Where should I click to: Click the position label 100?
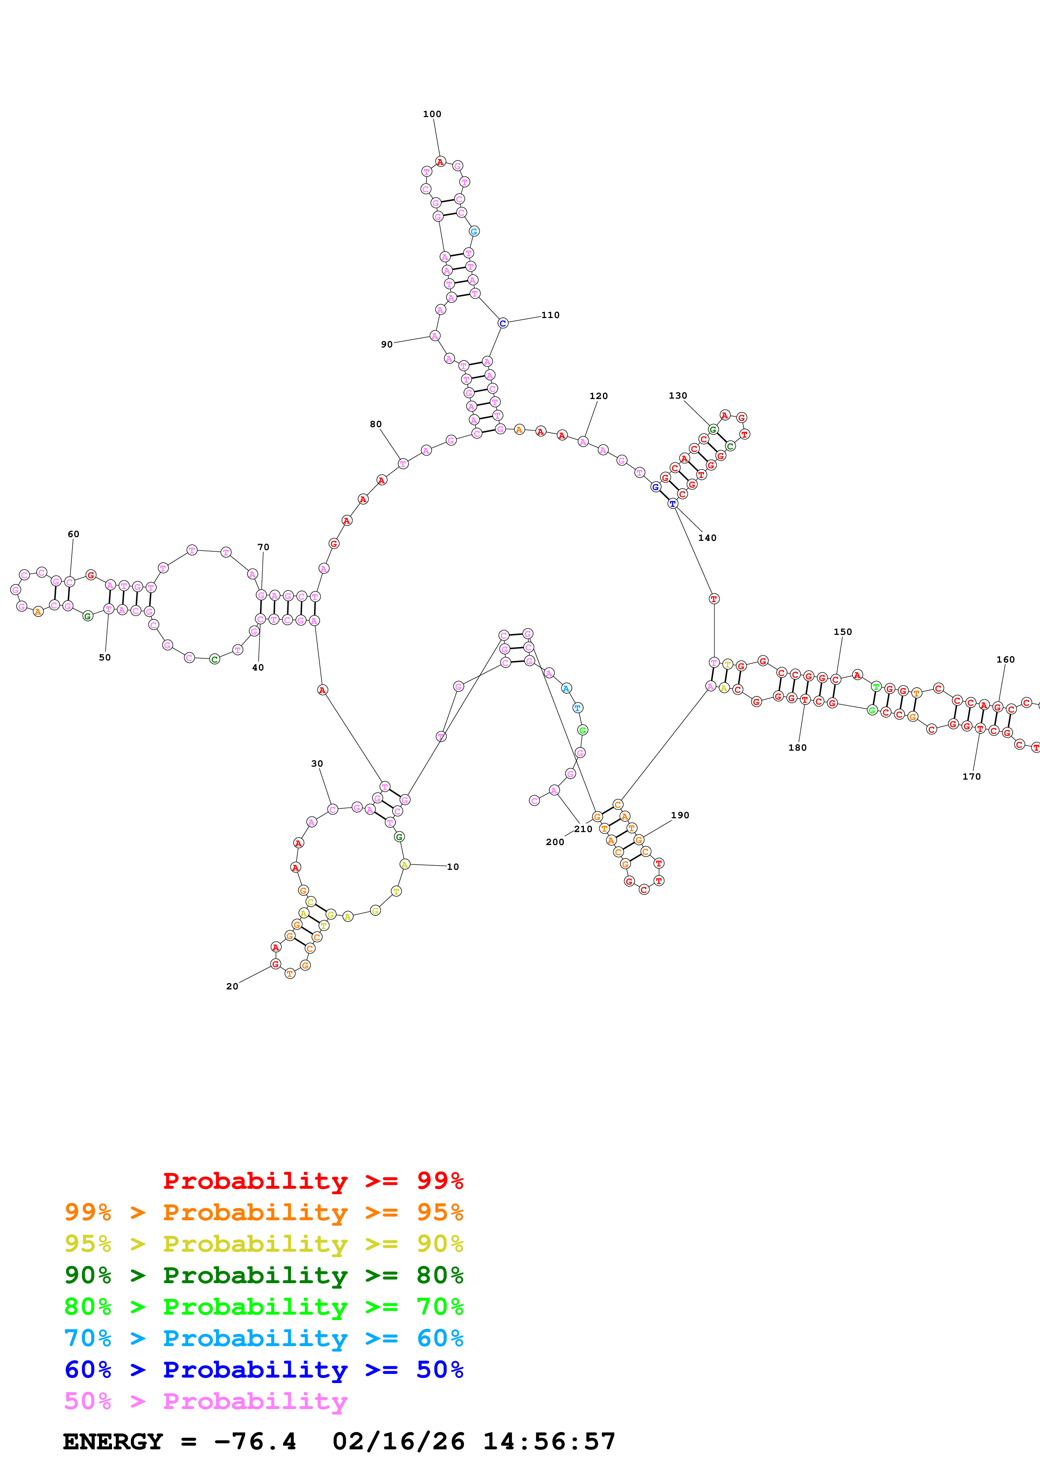pyautogui.click(x=432, y=114)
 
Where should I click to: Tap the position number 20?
pyautogui.click(x=232, y=986)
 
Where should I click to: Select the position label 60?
pyautogui.click(x=74, y=534)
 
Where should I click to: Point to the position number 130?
pyautogui.click(x=677, y=396)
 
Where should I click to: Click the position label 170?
pyautogui.click(x=972, y=776)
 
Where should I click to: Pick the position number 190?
pyautogui.click(x=680, y=815)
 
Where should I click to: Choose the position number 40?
pyautogui.click(x=258, y=668)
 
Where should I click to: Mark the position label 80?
pyautogui.click(x=375, y=424)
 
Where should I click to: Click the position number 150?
pyautogui.click(x=843, y=632)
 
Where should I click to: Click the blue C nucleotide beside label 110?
pyautogui.click(x=502, y=323)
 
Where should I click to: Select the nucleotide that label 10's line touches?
pyautogui.click(x=404, y=864)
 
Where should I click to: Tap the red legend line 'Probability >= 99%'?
pyautogui.click(x=313, y=1180)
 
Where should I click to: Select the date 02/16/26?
pyautogui.click(x=398, y=1441)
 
